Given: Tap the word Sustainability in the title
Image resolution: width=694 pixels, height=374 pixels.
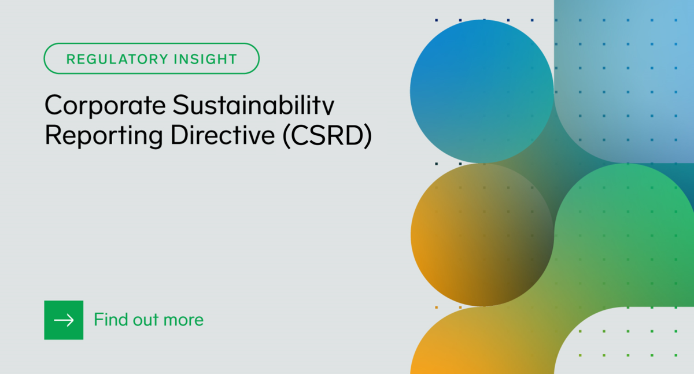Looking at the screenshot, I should (254, 106).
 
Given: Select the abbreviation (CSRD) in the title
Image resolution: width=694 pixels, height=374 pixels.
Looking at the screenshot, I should (327, 135).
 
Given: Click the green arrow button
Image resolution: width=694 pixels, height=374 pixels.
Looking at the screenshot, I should (64, 320).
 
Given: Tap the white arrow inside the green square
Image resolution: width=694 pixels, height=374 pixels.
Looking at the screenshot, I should (64, 320).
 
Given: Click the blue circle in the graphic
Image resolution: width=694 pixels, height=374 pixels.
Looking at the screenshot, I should (481, 91).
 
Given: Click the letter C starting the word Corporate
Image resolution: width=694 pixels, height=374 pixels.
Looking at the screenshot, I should (54, 106).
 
